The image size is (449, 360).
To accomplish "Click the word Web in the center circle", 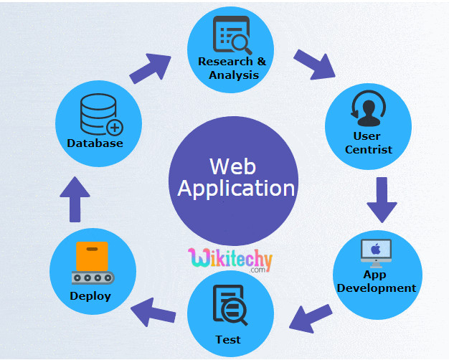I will coord(232,166).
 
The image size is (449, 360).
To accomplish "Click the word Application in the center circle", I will coord(236,189).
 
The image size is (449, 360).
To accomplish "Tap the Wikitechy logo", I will coord(230,258).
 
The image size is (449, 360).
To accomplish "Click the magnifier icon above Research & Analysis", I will coord(232,36).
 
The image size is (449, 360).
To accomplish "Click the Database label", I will coord(95,143).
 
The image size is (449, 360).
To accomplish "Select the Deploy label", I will coord(90,295).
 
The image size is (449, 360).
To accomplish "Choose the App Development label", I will coord(376,281).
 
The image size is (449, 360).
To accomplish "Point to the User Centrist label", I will coord(368,143).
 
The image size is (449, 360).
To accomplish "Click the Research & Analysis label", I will coord(232,68).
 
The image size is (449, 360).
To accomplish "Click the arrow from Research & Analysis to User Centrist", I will coord(314,63).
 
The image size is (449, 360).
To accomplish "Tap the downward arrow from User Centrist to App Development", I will coord(382,199).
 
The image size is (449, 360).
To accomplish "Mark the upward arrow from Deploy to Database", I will coord(75,199).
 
